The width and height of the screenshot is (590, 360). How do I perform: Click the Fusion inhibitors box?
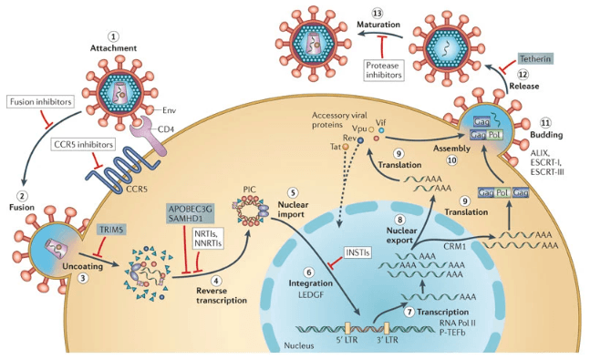[x=40, y=102]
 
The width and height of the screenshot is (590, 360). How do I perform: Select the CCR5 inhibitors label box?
[x=83, y=144]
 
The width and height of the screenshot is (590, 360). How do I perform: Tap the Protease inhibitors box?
[x=384, y=70]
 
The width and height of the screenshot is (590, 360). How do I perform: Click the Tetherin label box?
[x=535, y=58]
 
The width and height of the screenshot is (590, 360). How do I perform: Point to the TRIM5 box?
[x=111, y=230]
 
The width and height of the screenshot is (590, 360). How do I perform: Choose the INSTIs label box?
[x=357, y=252]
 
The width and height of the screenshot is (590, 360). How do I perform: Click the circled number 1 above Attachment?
[x=113, y=36]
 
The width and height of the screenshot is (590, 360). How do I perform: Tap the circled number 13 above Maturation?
[x=378, y=14]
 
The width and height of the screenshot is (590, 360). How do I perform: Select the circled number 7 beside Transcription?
[x=409, y=312]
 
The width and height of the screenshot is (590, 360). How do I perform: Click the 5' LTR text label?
[x=347, y=340]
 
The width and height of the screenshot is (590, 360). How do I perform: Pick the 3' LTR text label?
[x=388, y=340]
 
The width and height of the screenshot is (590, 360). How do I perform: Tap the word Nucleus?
[x=299, y=345]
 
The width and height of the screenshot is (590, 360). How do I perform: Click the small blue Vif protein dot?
[x=381, y=130]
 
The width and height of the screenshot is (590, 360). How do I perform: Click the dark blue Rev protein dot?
[x=360, y=140]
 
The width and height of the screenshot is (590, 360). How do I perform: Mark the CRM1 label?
[x=454, y=246]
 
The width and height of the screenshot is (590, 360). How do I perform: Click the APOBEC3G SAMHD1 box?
[x=191, y=213]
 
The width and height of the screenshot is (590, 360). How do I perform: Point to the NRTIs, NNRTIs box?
[x=209, y=238]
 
